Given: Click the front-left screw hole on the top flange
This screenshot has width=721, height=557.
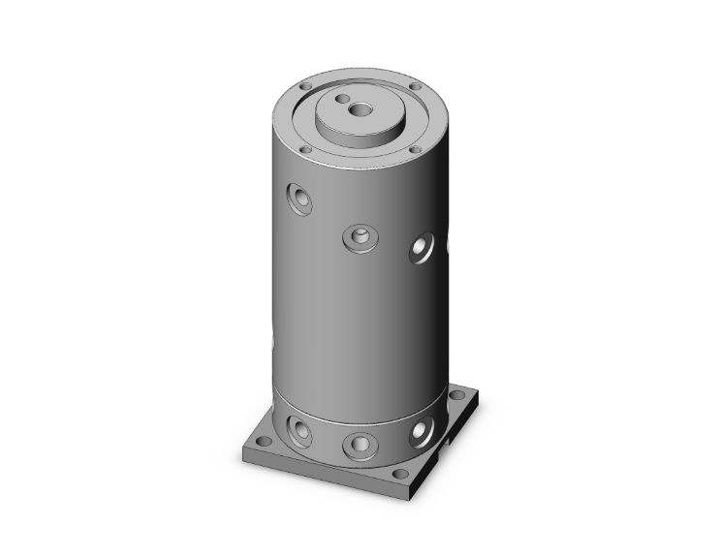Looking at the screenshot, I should click(x=305, y=150).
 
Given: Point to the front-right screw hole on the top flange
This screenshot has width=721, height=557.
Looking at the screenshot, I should click(x=415, y=149).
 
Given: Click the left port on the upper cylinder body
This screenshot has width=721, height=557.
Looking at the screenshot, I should click(x=298, y=200).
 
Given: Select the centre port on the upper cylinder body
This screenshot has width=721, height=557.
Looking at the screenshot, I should click(x=359, y=236).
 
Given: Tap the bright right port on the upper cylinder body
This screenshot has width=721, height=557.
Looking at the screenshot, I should click(x=422, y=249).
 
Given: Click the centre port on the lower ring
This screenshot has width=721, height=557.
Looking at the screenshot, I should click(x=359, y=444).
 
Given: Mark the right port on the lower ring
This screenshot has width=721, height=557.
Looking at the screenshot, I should click(x=421, y=430).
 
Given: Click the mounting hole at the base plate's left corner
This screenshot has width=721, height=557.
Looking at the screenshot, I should click(x=263, y=441).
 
